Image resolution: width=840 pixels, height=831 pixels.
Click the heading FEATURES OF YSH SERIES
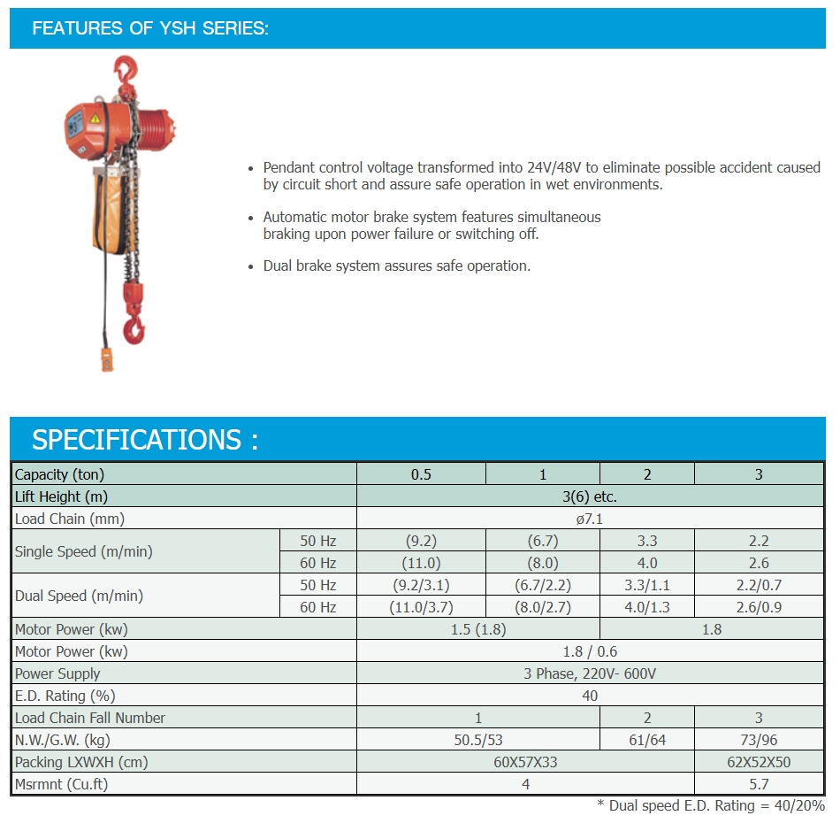[150, 28]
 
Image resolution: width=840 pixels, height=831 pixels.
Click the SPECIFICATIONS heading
[145, 440]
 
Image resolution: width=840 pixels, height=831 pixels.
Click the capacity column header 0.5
[421, 474]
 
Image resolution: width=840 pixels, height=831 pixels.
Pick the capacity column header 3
[759, 474]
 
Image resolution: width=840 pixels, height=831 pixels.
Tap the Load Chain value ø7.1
[590, 519]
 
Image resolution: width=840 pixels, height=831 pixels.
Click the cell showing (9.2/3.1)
[421, 585]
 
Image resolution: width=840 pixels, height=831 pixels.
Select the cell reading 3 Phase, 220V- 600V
[590, 673]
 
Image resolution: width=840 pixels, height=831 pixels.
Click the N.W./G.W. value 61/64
[647, 740]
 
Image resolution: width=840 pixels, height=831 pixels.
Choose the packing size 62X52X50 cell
[759, 762]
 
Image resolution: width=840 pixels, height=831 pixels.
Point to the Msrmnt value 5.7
[759, 784]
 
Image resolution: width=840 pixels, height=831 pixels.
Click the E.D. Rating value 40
[590, 696]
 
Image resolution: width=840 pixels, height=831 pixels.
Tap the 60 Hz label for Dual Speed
[318, 607]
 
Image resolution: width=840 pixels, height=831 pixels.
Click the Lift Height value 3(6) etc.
[590, 496]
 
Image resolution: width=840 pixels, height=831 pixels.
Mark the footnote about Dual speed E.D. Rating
[711, 806]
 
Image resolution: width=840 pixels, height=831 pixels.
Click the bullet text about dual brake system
[397, 265]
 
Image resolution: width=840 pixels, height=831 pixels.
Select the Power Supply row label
[57, 673]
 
